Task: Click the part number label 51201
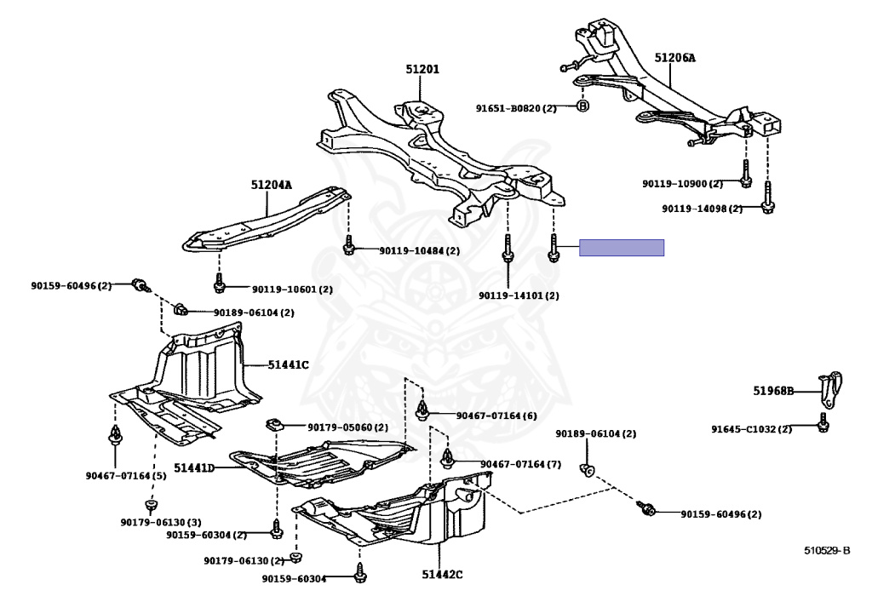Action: point(422,69)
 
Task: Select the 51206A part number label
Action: point(674,58)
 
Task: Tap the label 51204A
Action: point(271,185)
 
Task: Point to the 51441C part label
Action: point(288,364)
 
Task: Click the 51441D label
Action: point(194,467)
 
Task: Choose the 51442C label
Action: point(442,574)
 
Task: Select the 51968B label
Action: point(773,392)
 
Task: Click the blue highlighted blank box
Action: point(622,248)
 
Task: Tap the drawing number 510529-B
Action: point(827,550)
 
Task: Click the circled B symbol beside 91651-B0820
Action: point(582,106)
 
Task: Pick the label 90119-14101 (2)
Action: point(519,295)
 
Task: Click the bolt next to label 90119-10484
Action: point(348,248)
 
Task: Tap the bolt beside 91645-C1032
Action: point(823,424)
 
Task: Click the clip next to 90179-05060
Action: point(274,424)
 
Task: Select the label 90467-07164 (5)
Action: point(125,475)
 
